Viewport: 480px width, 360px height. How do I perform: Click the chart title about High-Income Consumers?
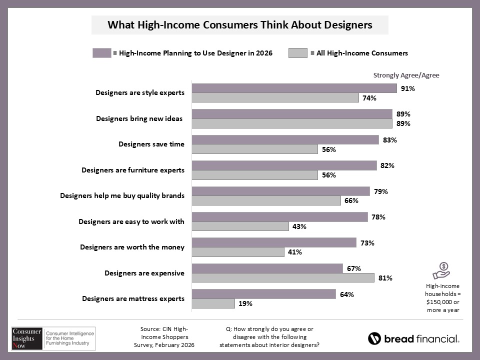pos(240,24)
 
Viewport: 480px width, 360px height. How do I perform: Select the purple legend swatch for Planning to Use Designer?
pos(101,53)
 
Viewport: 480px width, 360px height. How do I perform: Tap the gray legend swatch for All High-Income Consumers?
pos(297,53)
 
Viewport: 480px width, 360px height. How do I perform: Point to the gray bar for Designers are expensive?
pos(283,277)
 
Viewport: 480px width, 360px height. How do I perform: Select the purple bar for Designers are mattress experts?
pos(264,294)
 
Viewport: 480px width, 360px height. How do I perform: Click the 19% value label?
pos(245,303)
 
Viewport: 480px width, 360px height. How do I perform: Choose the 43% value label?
pos(299,226)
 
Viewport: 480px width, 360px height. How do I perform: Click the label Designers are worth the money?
pos(132,247)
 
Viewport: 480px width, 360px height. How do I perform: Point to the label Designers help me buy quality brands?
pos(122,195)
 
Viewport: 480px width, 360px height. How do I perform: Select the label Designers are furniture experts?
pos(132,170)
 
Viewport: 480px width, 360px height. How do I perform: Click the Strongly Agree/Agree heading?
pos(406,75)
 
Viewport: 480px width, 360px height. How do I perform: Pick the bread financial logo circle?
pos(374,338)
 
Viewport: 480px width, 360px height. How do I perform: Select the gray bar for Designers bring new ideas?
pos(292,123)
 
